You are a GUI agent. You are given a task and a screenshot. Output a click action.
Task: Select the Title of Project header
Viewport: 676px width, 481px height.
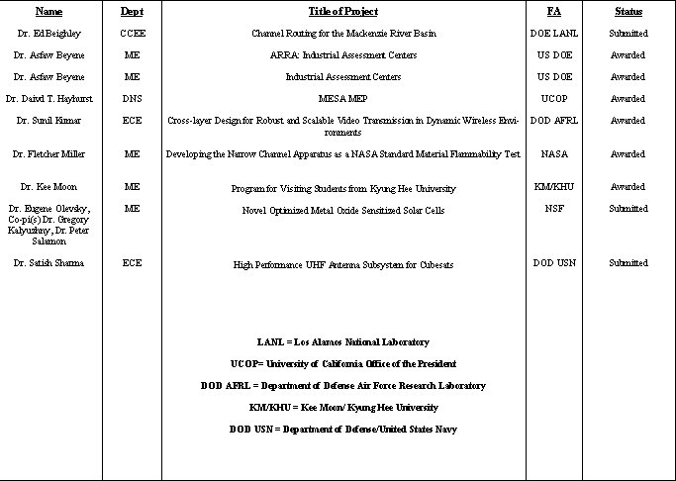pyautogui.click(x=342, y=12)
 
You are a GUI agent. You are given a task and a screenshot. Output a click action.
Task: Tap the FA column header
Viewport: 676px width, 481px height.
pyautogui.click(x=553, y=12)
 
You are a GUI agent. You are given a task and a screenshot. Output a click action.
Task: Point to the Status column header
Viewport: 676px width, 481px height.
pyautogui.click(x=628, y=12)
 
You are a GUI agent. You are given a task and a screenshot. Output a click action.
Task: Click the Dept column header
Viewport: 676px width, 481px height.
pyautogui.click(x=132, y=12)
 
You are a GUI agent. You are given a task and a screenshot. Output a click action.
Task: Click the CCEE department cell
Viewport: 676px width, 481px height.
pyautogui.click(x=132, y=34)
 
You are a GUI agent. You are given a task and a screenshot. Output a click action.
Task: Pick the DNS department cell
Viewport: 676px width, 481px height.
pyautogui.click(x=132, y=99)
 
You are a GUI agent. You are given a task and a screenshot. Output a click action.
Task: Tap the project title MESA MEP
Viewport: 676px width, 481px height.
pyautogui.click(x=342, y=99)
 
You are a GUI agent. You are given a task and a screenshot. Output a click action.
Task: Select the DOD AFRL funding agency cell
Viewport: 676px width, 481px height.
pyautogui.click(x=553, y=121)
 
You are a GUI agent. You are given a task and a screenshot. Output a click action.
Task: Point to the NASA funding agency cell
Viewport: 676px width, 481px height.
pyautogui.click(x=553, y=154)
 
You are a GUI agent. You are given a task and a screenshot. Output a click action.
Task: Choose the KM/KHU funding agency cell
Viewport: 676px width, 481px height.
pyautogui.click(x=553, y=187)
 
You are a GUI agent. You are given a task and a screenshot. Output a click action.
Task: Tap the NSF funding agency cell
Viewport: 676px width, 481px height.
pyautogui.click(x=553, y=209)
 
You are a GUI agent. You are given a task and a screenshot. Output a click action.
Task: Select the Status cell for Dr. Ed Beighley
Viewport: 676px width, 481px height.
pyautogui.click(x=628, y=34)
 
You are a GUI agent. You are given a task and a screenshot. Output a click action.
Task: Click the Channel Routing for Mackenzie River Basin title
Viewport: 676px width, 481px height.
pyautogui.click(x=342, y=34)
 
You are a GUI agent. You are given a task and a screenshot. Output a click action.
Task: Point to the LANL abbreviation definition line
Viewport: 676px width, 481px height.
pyautogui.click(x=342, y=342)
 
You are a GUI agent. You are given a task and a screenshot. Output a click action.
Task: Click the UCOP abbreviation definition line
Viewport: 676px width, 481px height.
pyautogui.click(x=342, y=364)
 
